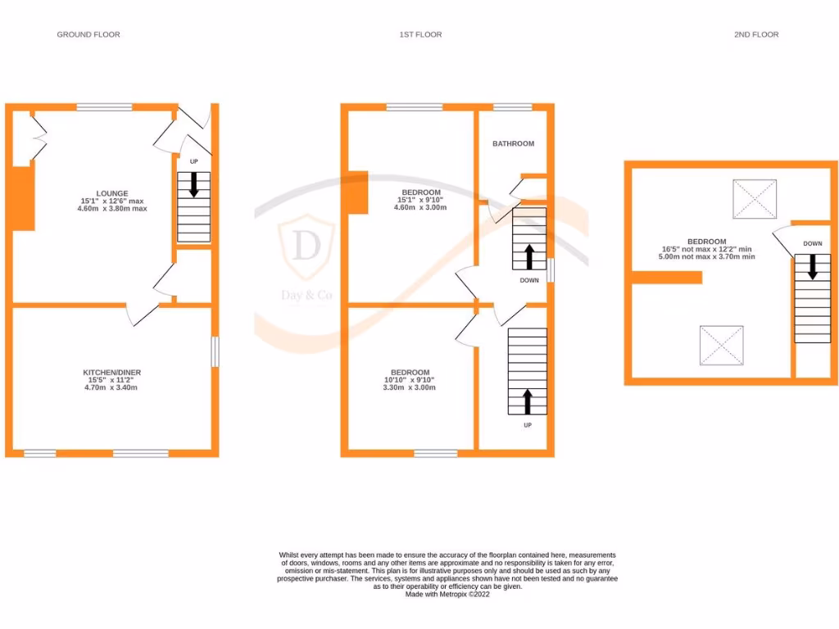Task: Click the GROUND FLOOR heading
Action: coord(88,34)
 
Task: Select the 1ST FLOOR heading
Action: coord(420,34)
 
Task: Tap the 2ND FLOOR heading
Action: coord(755,34)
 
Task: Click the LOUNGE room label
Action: coord(112,193)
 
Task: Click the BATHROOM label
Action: coord(513,143)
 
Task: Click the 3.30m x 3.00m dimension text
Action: coord(410,387)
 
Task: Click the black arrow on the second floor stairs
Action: coord(812,266)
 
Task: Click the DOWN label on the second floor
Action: coord(812,243)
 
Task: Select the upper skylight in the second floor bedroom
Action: coord(754,198)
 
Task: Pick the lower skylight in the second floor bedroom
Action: coord(721,346)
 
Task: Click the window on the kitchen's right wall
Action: coord(215,352)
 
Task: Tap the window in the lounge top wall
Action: coord(105,106)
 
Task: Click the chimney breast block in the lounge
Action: coord(23,197)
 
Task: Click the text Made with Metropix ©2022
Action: coord(447,594)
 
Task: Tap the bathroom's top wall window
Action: coord(512,106)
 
